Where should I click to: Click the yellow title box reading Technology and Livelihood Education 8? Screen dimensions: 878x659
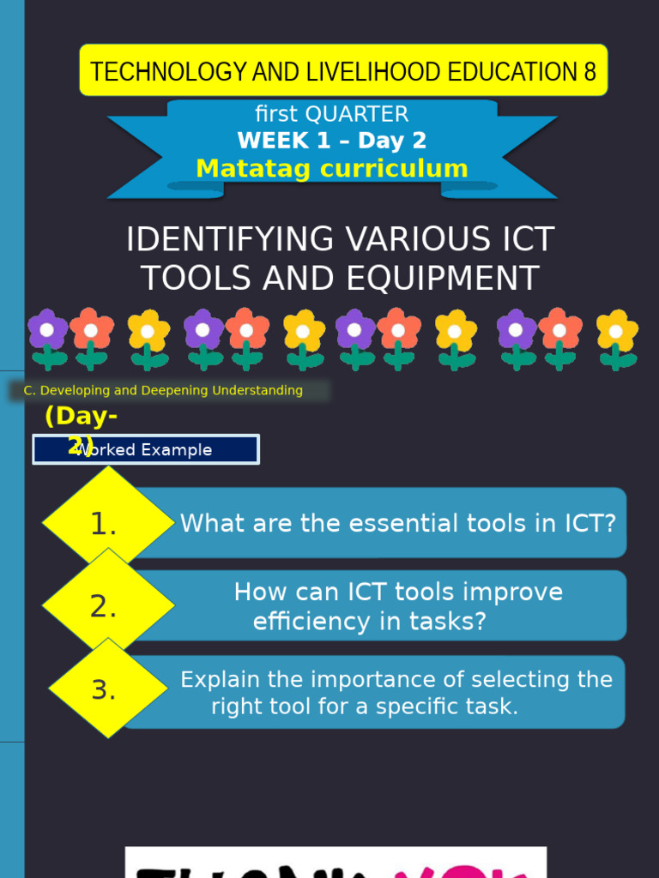point(343,71)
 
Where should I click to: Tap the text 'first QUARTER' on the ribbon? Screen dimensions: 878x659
point(331,114)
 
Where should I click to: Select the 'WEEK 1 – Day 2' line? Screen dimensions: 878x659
point(331,141)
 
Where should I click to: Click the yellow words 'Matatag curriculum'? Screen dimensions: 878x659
point(331,168)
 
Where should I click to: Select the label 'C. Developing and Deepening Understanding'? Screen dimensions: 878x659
point(163,391)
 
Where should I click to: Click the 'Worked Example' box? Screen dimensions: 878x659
point(146,450)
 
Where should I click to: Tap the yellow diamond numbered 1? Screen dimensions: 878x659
point(106,523)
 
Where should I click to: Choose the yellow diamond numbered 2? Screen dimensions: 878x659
point(106,606)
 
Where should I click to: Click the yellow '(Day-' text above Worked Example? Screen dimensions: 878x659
point(82,417)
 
